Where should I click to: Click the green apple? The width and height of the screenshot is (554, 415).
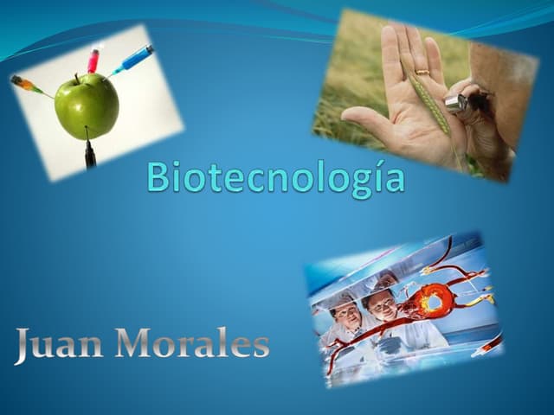coord(86,105)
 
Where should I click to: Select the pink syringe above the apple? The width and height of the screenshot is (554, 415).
coord(93,60)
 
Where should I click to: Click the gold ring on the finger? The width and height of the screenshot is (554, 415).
coord(422,72)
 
